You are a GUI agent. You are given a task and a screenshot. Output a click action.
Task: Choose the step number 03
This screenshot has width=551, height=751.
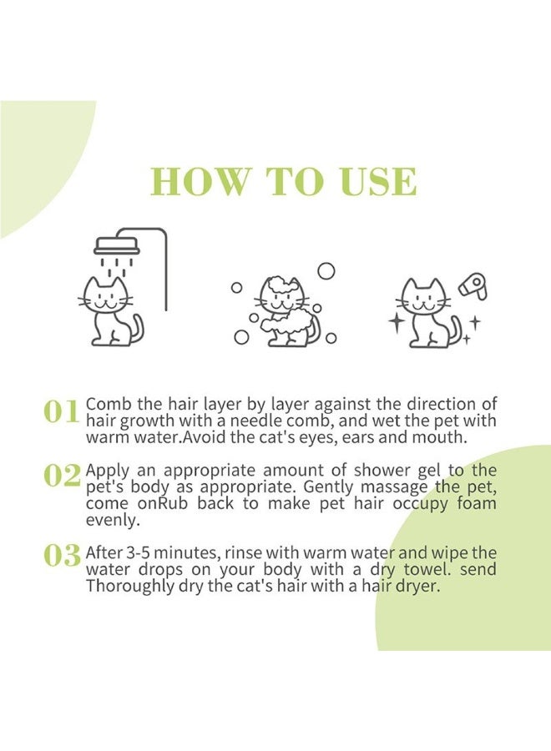(62, 556)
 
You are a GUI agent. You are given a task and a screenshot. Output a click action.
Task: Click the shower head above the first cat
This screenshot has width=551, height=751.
(117, 246)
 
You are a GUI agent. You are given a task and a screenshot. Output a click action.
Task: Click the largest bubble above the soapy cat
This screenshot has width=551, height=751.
(326, 271)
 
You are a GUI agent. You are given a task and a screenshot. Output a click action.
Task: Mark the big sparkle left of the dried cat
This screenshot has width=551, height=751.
(397, 323)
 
